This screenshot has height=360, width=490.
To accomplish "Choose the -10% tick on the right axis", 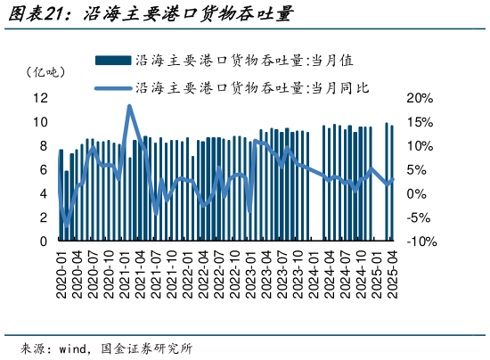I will [421, 241].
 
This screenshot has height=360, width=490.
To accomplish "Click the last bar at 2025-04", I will [392, 183].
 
